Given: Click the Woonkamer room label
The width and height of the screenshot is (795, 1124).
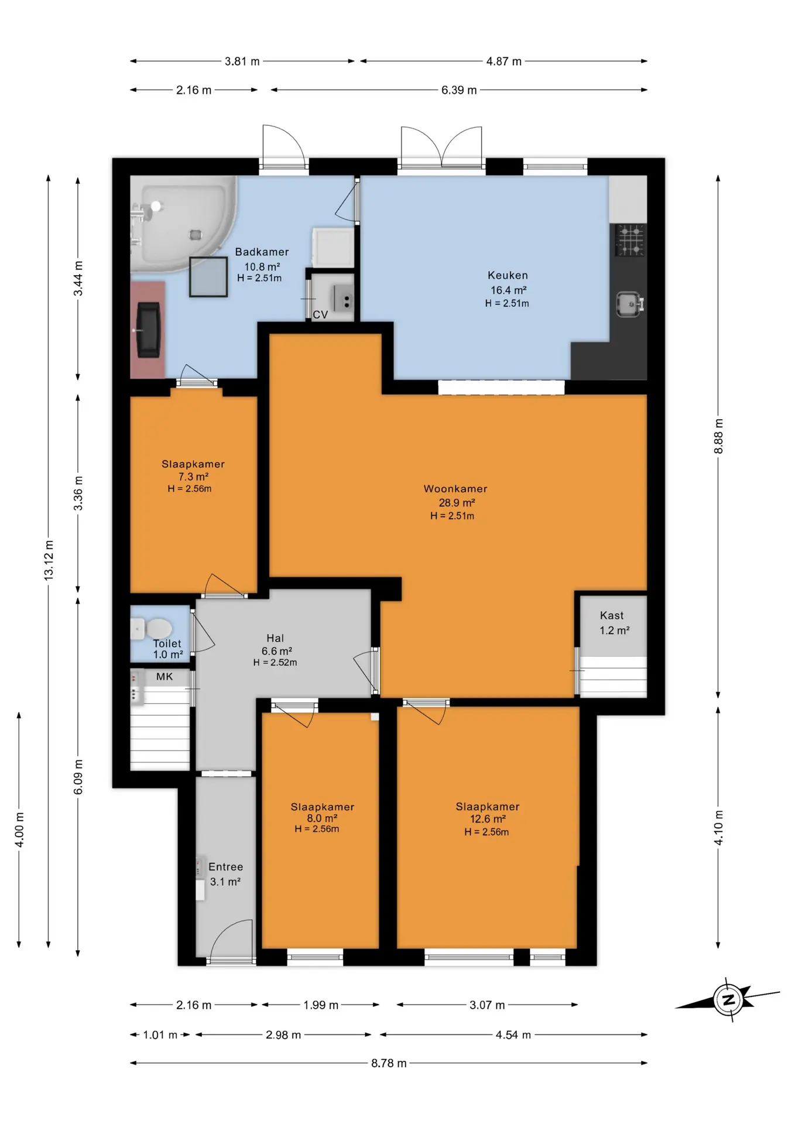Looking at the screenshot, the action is point(455,489).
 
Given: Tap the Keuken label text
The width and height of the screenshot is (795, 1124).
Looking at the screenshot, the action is point(508,275).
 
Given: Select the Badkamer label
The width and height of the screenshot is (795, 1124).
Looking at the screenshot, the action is point(262,252).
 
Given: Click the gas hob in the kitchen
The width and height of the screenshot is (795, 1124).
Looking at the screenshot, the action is point(630,241).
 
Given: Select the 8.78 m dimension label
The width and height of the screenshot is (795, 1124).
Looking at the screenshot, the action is point(389,1063).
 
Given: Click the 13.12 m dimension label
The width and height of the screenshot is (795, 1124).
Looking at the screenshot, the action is point(49,561).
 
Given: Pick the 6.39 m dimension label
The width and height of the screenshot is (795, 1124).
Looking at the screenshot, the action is point(459,90).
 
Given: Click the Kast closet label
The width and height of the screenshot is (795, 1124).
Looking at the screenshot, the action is point(612,615).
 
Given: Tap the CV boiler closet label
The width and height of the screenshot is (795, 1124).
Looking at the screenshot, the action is point(320,314).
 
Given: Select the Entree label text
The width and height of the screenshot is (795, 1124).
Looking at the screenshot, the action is point(225,867).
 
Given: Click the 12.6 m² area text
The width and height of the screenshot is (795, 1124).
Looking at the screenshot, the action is point(488,819).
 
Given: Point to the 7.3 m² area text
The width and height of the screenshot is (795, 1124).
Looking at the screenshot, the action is point(193,477).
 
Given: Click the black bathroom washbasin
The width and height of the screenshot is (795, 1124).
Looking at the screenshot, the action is point(149,330).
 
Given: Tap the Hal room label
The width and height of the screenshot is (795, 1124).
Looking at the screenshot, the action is point(275,638).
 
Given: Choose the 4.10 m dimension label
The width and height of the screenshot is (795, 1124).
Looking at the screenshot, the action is point(719,827).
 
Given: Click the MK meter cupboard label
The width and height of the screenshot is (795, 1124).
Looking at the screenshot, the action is point(165,676).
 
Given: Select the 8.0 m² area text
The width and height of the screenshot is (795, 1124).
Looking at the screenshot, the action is point(322,818).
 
